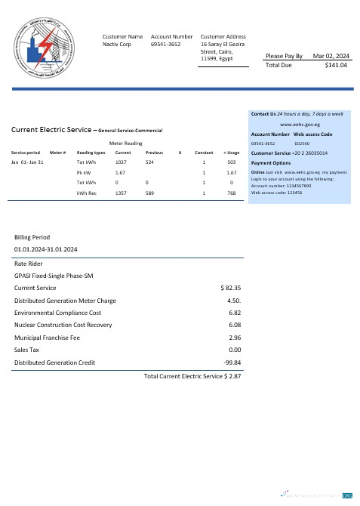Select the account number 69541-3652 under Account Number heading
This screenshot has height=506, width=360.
click(x=165, y=45)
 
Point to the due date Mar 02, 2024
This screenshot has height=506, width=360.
click(x=331, y=56)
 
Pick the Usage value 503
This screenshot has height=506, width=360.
click(x=231, y=162)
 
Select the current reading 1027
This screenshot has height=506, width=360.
click(x=120, y=162)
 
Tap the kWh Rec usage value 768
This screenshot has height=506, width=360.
click(x=231, y=193)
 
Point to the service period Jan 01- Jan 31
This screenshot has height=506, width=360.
click(x=29, y=162)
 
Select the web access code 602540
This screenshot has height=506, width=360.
click(x=301, y=143)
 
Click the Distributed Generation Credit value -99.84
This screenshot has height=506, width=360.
click(x=232, y=363)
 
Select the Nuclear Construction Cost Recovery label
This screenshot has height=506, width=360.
click(x=63, y=326)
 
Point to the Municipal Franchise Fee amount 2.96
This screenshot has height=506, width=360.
click(x=233, y=338)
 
